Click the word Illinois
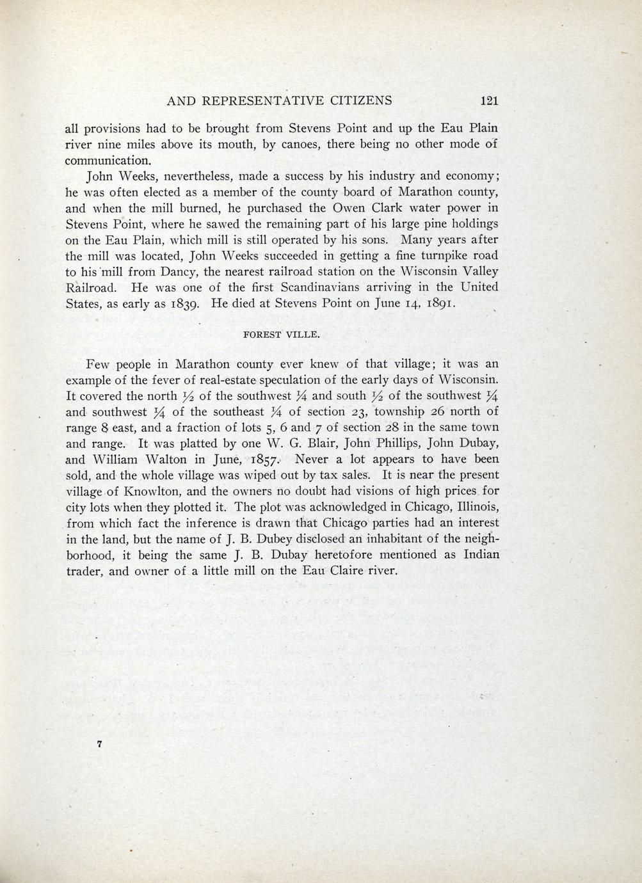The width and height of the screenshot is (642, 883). point(475,507)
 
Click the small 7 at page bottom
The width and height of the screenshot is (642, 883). point(99,744)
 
